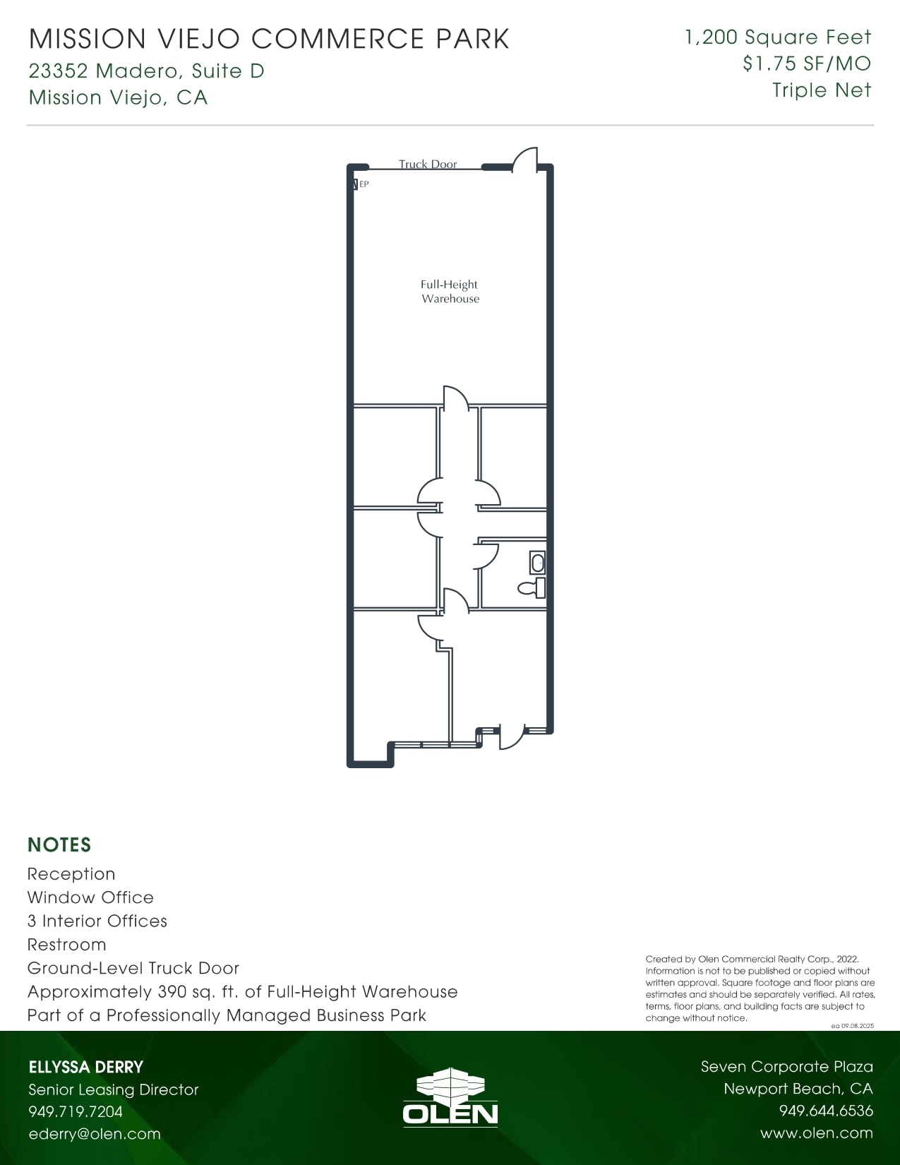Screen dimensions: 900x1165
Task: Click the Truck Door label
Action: [427, 164]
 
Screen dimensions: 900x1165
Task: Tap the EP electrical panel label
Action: [364, 184]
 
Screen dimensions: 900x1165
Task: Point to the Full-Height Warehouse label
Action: [450, 292]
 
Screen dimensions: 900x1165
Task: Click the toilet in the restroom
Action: [532, 588]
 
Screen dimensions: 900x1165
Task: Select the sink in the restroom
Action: [538, 563]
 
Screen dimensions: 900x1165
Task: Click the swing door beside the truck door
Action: [524, 160]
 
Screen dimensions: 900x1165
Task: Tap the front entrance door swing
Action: [512, 736]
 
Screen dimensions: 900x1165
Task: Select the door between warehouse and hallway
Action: [456, 398]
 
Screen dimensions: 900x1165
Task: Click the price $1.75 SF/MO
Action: [806, 64]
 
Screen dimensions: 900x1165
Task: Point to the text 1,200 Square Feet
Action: [778, 37]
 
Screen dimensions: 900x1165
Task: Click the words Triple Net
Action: [821, 90]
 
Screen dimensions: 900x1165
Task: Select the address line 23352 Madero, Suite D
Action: [146, 71]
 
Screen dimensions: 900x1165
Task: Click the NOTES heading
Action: [59, 844]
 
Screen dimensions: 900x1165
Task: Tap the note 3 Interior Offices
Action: [97, 921]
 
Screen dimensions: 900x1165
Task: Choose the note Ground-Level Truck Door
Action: [133, 968]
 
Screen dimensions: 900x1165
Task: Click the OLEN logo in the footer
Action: [450, 1097]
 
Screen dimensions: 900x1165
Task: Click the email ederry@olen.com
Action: [95, 1133]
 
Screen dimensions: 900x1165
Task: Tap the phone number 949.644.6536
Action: [826, 1111]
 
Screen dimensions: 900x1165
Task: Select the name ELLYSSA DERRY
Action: [86, 1067]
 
